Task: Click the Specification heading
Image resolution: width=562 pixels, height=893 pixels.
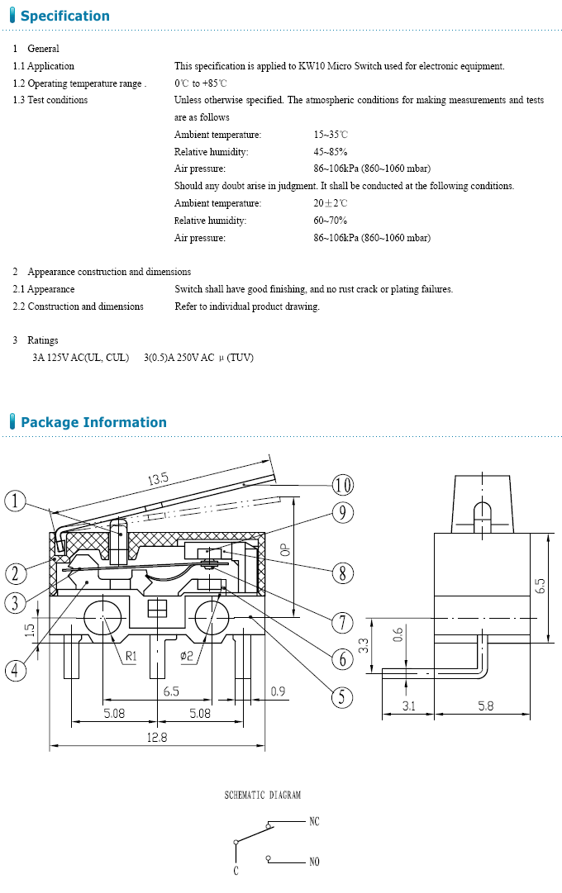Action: click(64, 16)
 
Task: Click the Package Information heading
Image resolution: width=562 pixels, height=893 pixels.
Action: click(93, 422)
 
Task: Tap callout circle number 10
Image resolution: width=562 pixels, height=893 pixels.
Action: click(342, 484)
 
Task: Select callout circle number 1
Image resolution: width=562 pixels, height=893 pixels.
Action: click(16, 501)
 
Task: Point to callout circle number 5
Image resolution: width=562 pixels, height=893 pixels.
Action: click(342, 697)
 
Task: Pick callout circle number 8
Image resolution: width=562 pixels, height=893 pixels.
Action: click(342, 572)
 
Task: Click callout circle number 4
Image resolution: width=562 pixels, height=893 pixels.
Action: click(16, 671)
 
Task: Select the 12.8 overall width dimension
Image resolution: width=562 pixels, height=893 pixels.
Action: click(157, 738)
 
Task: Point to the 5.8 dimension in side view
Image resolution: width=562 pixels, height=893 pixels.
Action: click(486, 706)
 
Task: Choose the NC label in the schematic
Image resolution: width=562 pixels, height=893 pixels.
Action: click(314, 822)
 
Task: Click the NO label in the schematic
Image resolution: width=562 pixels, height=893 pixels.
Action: click(314, 862)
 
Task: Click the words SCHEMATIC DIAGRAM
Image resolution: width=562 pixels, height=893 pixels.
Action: click(263, 796)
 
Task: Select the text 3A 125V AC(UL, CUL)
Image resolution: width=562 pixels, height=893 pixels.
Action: click(81, 358)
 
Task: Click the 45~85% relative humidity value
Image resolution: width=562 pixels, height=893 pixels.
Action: click(331, 152)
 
